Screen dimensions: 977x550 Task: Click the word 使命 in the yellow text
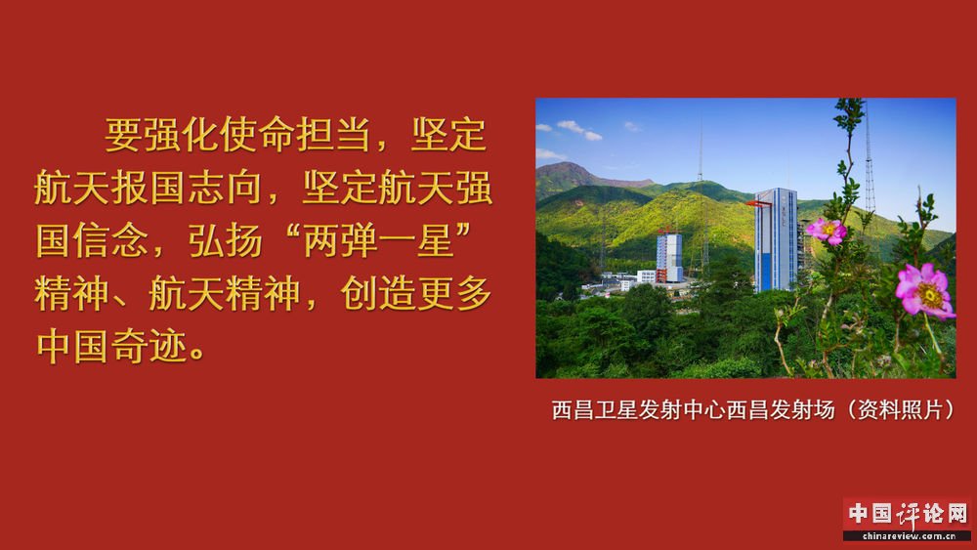pyautogui.click(x=257, y=135)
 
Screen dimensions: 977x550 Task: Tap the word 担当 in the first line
pyautogui.click(x=334, y=135)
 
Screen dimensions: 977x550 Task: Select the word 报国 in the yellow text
pyautogui.click(x=149, y=188)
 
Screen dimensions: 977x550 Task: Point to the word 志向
pyautogui.click(x=225, y=188)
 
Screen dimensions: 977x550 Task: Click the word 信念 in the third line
pyautogui.click(x=111, y=240)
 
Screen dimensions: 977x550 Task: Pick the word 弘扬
pyautogui.click(x=225, y=240)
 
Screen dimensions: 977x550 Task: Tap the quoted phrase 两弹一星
pyautogui.click(x=378, y=240)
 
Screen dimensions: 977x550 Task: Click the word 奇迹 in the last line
pyautogui.click(x=149, y=347)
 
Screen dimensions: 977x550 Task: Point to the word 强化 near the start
pyautogui.click(x=182, y=135)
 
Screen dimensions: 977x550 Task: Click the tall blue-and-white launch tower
pyautogui.click(x=776, y=239)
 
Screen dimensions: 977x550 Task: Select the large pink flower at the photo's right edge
pyautogui.click(x=924, y=289)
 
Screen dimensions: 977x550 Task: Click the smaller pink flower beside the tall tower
pyautogui.click(x=827, y=232)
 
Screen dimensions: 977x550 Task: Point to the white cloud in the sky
pyautogui.click(x=578, y=130)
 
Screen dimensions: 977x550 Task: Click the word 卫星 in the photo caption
pyautogui.click(x=616, y=410)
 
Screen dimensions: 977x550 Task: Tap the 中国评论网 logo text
pyautogui.click(x=908, y=514)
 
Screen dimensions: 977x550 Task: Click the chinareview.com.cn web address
pyautogui.click(x=909, y=535)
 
